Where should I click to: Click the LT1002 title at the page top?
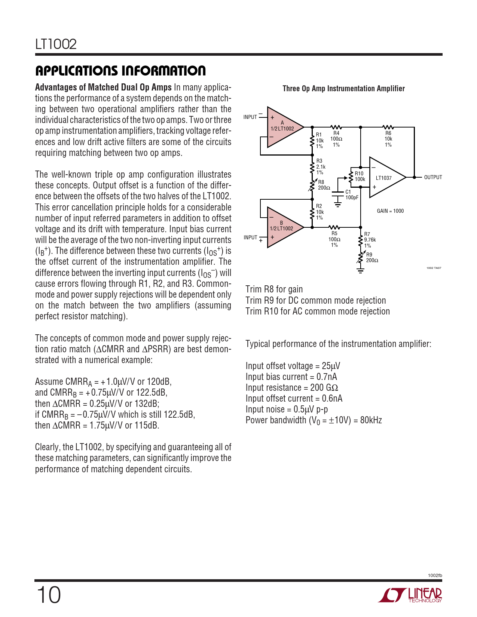(56, 44)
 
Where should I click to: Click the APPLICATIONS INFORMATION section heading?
(120, 71)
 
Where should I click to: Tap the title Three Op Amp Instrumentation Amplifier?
(343, 89)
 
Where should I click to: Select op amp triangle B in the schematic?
(283, 227)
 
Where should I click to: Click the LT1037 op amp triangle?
(385, 178)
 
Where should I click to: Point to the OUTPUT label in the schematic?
(433, 177)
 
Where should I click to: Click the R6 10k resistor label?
(388, 139)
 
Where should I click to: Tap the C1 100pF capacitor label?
(351, 195)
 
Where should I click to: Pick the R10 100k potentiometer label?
(360, 176)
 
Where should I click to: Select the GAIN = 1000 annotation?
(390, 211)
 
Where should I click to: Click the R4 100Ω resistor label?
(336, 139)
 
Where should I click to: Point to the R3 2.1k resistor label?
(321, 167)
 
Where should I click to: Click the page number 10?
(49, 595)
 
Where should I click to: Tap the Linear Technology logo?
(410, 595)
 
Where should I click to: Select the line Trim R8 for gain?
(274, 289)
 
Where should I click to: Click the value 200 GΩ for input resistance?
(324, 388)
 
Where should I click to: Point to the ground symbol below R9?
(360, 271)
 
